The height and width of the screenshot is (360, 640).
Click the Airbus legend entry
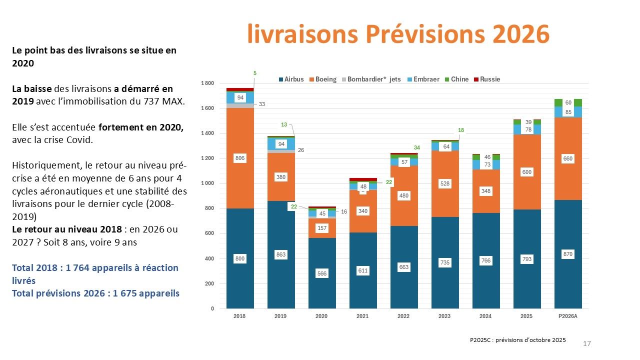[291, 79]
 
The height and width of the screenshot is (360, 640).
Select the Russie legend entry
[487, 79]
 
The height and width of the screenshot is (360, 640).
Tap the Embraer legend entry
[423, 79]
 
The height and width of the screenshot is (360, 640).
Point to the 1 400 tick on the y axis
[207, 133]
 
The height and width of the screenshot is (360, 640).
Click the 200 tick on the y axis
[209, 283]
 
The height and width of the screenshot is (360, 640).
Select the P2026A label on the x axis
[568, 316]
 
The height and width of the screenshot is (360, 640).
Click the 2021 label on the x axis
[362, 316]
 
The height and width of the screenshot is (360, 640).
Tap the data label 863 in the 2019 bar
[281, 254]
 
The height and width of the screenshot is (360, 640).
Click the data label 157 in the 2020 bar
[322, 228]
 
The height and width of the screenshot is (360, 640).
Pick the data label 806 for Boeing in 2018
[240, 158]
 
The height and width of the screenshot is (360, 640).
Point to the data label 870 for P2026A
[568, 254]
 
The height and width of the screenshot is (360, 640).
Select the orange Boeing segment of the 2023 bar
[445, 184]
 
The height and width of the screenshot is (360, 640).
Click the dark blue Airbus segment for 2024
[486, 260]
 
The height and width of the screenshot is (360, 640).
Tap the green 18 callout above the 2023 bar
[461, 130]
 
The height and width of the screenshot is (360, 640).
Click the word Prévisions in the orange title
[425, 34]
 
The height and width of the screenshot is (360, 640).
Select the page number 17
[587, 343]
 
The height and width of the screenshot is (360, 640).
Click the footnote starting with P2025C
[517, 340]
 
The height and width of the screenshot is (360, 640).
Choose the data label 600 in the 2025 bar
[527, 172]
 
